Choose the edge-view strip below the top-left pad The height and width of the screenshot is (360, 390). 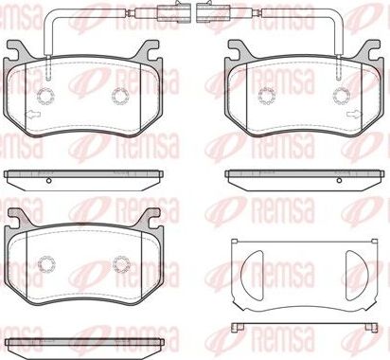pos(83,175)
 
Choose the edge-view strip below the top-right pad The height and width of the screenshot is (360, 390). pos(302,174)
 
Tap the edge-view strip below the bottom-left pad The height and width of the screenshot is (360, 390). pos(83,342)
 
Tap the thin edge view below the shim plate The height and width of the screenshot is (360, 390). pos(302,328)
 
